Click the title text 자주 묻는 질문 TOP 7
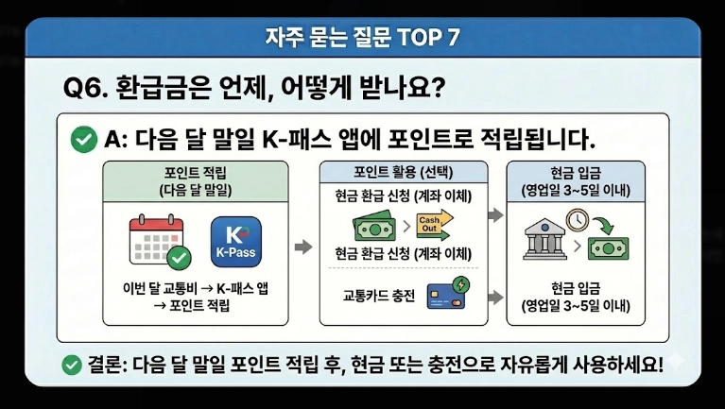(363, 39)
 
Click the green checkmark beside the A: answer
(84, 141)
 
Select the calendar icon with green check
(159, 239)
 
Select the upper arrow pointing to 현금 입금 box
(493, 215)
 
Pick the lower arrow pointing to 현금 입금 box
(493, 296)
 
